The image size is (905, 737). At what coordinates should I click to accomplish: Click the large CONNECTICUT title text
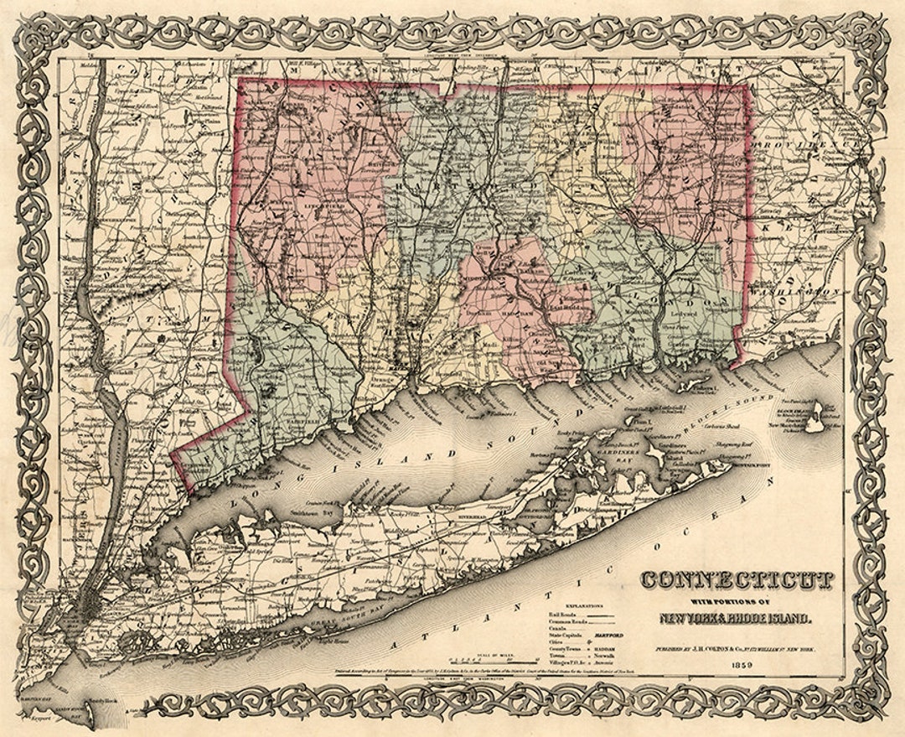coord(737,579)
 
